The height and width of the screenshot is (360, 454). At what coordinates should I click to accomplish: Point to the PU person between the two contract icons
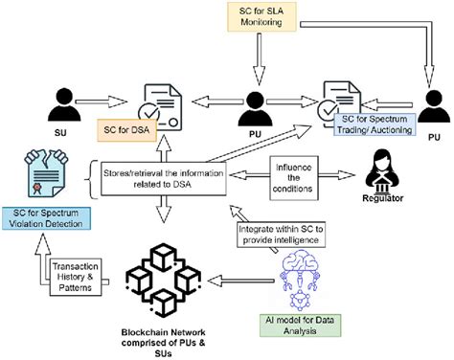[257, 106]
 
